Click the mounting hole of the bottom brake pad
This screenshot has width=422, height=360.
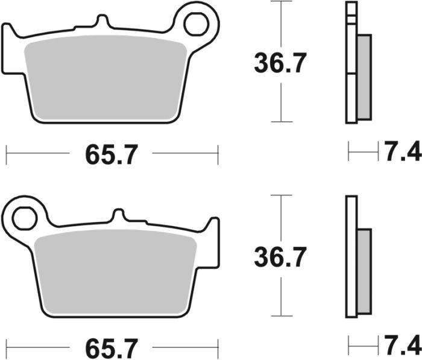coord(25,218)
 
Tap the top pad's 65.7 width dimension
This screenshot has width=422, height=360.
coord(112,155)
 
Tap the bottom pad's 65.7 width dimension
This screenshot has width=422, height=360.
coord(112,347)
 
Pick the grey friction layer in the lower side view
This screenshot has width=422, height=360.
coord(364,271)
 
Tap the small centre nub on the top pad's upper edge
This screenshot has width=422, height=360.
coord(102,22)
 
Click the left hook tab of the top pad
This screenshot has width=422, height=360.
coord(9,48)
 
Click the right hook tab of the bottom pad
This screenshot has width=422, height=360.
coord(212,241)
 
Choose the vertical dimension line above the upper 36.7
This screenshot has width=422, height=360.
coord(281,24)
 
